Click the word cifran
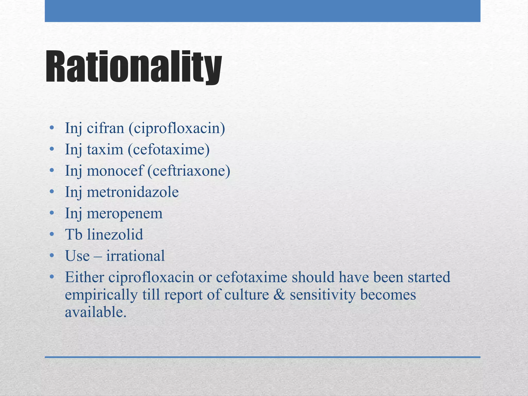pos(105,128)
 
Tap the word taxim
pos(105,150)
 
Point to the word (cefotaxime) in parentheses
pos(169,150)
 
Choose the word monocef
pos(115,171)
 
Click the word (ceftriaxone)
pos(189,171)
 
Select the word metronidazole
pos(133,192)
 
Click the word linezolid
pos(115,235)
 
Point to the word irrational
pos(135,256)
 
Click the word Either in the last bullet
pos(84,277)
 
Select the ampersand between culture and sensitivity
pos(279,295)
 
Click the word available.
pos(96,312)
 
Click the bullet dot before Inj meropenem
pos(52,213)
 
